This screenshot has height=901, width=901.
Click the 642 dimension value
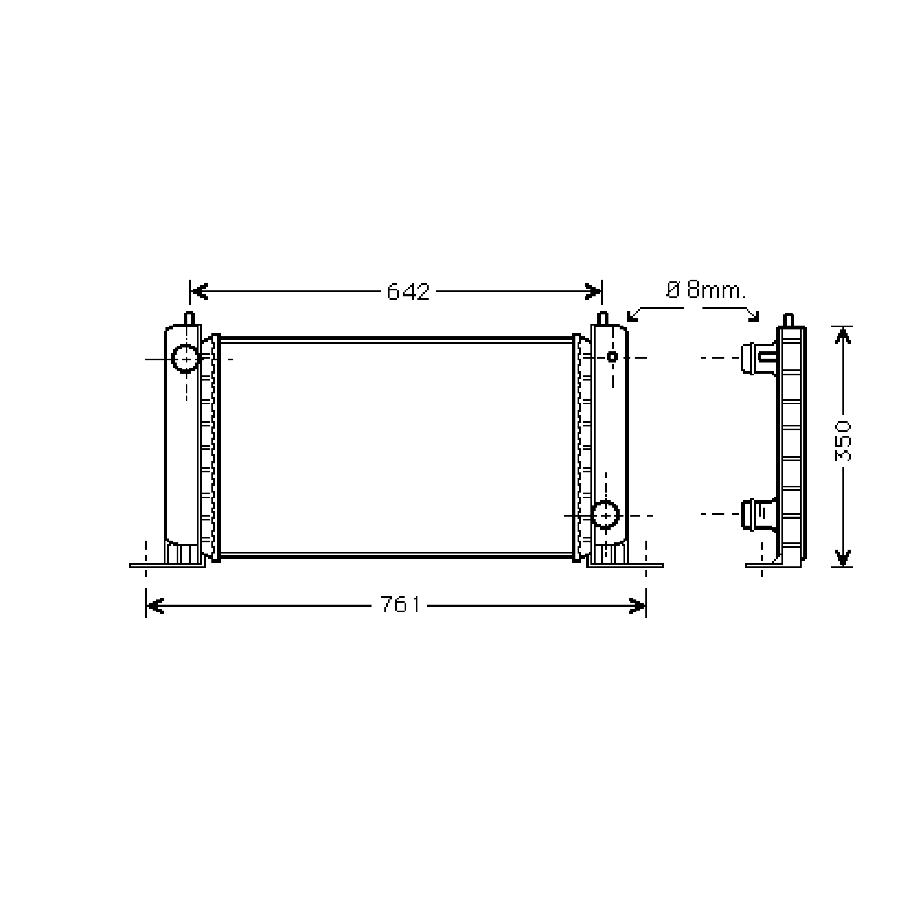point(408,292)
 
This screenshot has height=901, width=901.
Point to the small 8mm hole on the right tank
point(612,357)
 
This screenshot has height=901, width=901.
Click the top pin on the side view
point(788,320)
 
